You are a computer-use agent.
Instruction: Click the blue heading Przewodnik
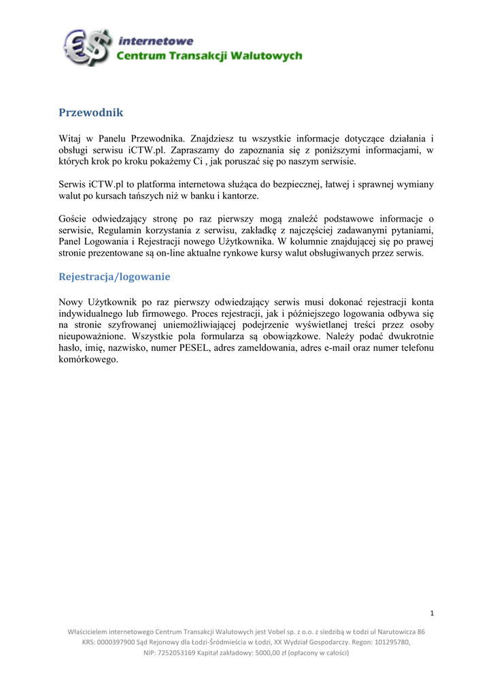point(91,112)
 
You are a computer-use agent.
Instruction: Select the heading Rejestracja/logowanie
point(114,277)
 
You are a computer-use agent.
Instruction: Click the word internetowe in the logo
point(156,41)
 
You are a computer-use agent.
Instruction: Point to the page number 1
point(432,614)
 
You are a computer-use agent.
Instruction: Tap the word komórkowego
point(88,360)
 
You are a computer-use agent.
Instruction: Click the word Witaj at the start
point(71,138)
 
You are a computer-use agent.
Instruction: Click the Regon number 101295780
point(390,642)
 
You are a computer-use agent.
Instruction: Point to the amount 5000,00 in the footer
point(267,652)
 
